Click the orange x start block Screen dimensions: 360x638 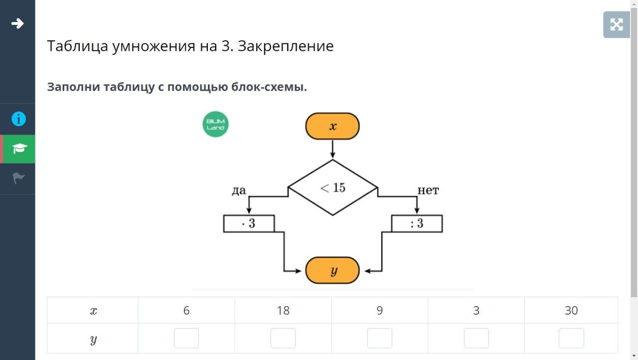[332, 126]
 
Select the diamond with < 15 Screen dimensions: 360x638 [332, 187]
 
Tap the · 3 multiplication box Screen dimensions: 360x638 [249, 223]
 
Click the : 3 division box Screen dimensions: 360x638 [417, 223]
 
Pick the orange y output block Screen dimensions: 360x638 [332, 270]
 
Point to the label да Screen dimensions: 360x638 [239, 190]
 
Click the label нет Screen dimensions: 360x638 [428, 190]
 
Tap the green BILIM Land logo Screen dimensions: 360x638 [215, 124]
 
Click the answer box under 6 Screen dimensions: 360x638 [186, 338]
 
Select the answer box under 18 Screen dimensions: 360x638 [283, 338]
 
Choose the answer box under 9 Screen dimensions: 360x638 [380, 338]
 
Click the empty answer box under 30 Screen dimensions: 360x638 [571, 338]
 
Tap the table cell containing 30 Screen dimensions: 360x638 [571, 311]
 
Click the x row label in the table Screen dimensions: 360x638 [93, 311]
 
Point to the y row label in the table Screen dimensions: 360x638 [93, 339]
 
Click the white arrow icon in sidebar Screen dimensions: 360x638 [17, 23]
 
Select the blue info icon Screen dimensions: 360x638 [18, 119]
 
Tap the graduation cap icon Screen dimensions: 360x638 [19, 149]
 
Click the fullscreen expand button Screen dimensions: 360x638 [616, 24]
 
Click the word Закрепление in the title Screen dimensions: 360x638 [286, 46]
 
